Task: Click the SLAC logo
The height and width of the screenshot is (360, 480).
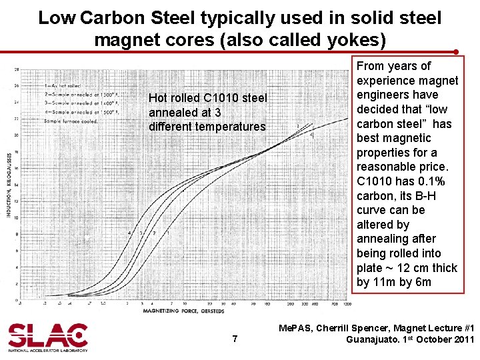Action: (x=47, y=337)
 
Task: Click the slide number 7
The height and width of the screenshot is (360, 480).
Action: (x=235, y=339)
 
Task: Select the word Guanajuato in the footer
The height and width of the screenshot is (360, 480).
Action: (x=372, y=339)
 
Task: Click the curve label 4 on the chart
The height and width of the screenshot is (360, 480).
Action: (x=129, y=233)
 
